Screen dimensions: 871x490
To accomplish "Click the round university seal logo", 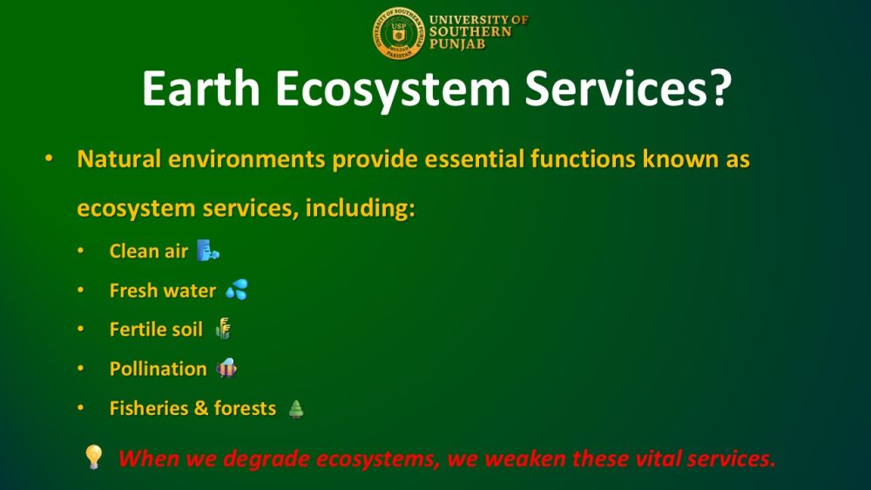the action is [x=398, y=34].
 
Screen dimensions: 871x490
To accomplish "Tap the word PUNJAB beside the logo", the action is [x=457, y=44].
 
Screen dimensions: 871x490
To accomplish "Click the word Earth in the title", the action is [x=201, y=88].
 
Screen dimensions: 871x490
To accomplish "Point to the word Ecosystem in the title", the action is [x=393, y=89].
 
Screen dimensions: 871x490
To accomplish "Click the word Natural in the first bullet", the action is [x=118, y=158].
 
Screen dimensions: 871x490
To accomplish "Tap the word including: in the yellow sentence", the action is [x=360, y=209].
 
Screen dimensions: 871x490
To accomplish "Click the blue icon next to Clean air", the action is [x=208, y=251].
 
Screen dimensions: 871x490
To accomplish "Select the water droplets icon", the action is [x=237, y=289].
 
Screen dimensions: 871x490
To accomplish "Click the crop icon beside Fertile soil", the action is [x=223, y=328].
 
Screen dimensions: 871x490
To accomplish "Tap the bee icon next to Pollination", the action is [x=226, y=368].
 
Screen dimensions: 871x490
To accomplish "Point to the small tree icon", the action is [x=296, y=409].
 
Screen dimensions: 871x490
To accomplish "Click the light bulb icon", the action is [x=94, y=457].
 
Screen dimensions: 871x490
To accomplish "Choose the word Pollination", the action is [x=159, y=368].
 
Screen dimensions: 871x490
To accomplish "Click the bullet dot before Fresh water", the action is [x=80, y=290].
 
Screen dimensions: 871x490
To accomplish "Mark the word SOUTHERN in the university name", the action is [x=470, y=31].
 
